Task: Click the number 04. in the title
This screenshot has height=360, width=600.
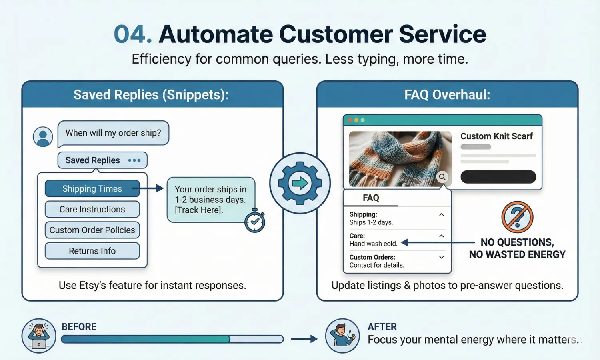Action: (132, 34)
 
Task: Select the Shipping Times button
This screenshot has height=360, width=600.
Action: (92, 189)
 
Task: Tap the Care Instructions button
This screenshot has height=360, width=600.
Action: (92, 209)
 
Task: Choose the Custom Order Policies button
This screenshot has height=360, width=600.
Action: (92, 230)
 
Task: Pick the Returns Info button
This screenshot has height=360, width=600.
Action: (92, 251)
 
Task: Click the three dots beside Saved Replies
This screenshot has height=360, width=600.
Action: (134, 160)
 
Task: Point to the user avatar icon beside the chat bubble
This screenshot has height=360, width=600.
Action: (43, 137)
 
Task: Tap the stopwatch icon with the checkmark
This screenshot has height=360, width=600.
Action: (255, 222)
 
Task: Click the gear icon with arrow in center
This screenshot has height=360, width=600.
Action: (300, 183)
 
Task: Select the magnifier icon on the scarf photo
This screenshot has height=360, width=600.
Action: (442, 177)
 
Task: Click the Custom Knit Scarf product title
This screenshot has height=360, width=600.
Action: (496, 136)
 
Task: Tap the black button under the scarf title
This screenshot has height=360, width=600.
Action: (498, 177)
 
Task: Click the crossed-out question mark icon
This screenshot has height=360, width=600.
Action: (517, 217)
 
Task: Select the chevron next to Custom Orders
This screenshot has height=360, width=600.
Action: (442, 257)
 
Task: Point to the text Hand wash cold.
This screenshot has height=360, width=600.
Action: (373, 244)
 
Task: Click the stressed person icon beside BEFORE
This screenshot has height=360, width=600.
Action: (39, 336)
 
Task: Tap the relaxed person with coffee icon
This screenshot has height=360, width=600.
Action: (342, 336)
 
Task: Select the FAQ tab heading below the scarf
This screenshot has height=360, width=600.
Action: (371, 198)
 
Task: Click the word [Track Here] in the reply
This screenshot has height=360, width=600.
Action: (198, 210)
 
